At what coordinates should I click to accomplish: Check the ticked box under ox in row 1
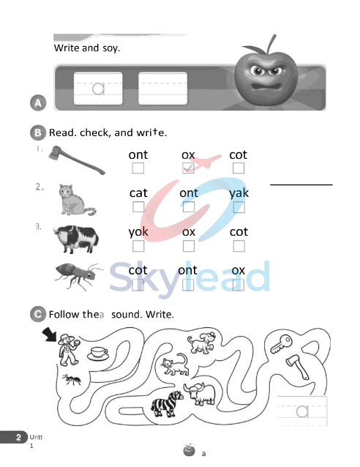tap(188, 169)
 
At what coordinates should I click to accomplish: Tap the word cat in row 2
tap(138, 193)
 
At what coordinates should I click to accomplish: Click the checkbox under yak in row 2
tap(239, 207)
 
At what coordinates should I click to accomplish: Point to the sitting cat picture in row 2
tap(77, 199)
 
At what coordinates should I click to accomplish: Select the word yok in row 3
tap(138, 231)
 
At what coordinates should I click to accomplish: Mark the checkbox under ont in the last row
tap(188, 285)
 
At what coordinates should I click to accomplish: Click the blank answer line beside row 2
tap(301, 184)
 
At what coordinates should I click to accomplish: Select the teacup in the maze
tap(96, 354)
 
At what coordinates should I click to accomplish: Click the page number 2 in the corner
tap(17, 437)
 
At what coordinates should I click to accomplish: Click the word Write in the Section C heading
tap(160, 315)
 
